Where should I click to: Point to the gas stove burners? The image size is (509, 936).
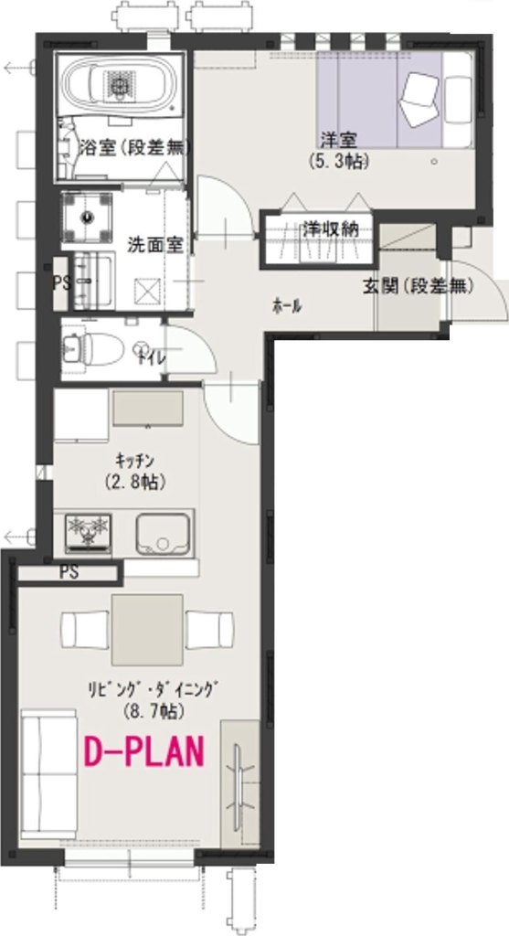[89, 530]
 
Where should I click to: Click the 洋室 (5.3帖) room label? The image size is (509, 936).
[338, 149]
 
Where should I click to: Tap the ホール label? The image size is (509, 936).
[287, 306]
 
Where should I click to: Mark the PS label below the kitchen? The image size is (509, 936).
[68, 573]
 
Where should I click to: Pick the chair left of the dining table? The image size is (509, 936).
[85, 629]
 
